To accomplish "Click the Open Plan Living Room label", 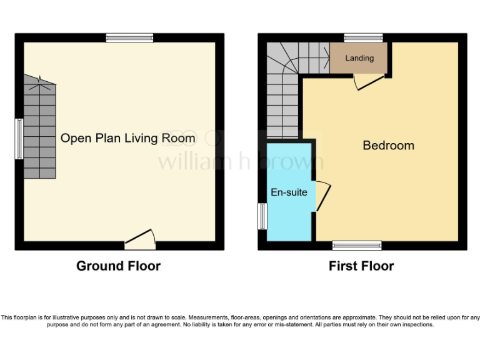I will point(127,138).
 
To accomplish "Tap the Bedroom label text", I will point(388,146).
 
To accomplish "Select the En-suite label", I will point(288,192).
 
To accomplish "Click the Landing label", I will point(359,58).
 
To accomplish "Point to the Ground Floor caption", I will point(118,266).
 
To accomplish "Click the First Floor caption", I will point(361,266).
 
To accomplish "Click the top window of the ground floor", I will point(129,38).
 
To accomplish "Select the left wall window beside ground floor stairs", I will point(19,138).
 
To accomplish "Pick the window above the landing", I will point(363,38).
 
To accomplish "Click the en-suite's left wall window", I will point(262,217).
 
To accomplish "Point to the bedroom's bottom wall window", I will point(357,246).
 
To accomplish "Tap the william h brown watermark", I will point(241,161).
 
